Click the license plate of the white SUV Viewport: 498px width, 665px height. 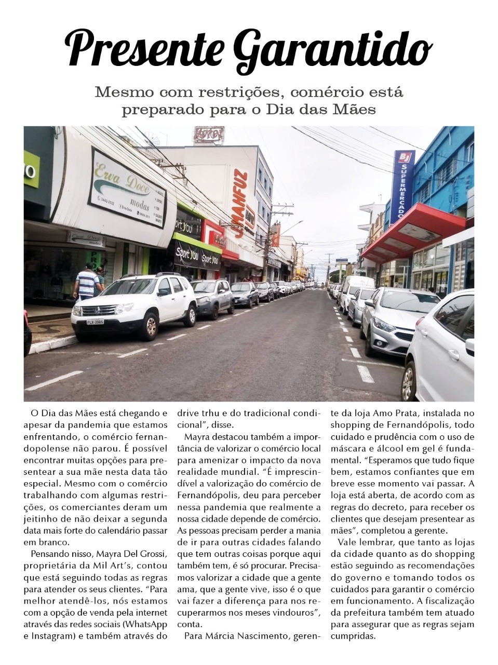click(95, 322)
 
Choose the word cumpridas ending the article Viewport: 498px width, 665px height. click(353, 636)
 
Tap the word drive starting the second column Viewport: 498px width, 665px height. click(188, 414)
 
